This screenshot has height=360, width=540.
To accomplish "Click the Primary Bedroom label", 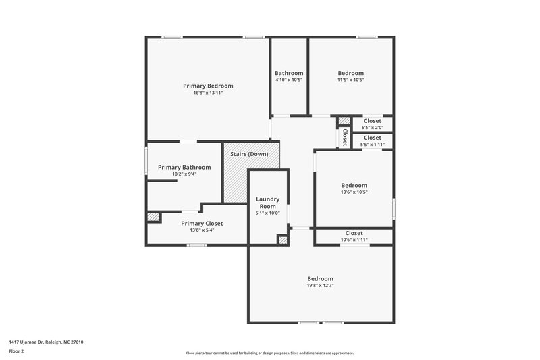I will (x=208, y=86).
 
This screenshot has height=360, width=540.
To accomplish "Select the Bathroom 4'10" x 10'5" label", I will (x=289, y=73).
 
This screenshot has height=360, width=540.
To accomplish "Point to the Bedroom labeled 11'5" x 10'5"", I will (x=351, y=73).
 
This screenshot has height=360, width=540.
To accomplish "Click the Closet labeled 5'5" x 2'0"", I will (x=373, y=121).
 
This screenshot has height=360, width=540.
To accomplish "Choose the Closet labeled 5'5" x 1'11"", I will (x=373, y=138).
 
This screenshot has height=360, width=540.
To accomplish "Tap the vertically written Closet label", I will (x=344, y=138).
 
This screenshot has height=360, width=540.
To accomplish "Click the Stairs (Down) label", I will (x=249, y=154).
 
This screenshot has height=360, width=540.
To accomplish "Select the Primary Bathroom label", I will (x=184, y=167).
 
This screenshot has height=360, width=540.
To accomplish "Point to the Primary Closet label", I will (x=202, y=223).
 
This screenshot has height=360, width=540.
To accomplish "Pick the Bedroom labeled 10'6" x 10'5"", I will (x=354, y=186).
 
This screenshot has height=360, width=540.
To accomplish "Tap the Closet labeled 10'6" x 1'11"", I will (x=354, y=233).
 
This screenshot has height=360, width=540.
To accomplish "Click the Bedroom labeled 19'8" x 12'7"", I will (x=321, y=279).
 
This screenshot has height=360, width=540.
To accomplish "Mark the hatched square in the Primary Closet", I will (x=153, y=217).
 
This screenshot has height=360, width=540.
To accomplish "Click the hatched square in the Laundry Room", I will (x=283, y=239).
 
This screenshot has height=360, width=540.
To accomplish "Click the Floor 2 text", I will (x=16, y=351).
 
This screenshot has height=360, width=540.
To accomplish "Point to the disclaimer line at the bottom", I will (x=269, y=353).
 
